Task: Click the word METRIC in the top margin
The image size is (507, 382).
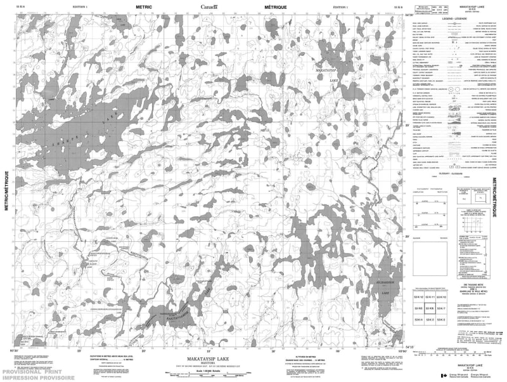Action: point(143,5)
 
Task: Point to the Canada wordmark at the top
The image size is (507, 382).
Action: point(208,6)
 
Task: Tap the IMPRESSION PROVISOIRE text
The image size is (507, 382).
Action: point(26,376)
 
